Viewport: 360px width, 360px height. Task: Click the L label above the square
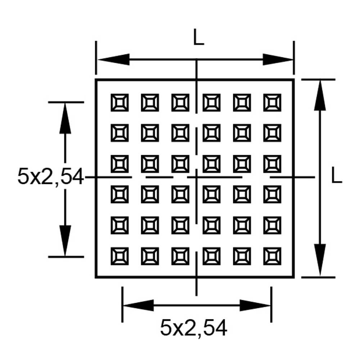click(198, 37)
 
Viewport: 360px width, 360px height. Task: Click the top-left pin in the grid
click(119, 103)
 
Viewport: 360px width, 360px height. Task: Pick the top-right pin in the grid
click(272, 103)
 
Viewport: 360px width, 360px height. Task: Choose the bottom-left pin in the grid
click(119, 256)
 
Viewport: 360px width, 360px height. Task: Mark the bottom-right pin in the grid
click(272, 256)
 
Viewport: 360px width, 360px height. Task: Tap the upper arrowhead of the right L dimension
click(319, 95)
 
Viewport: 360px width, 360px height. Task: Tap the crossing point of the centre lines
click(196, 177)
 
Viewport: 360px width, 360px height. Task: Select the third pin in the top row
click(180, 103)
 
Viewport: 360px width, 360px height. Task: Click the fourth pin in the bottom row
click(211, 256)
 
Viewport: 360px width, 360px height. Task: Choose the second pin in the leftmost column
click(119, 133)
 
